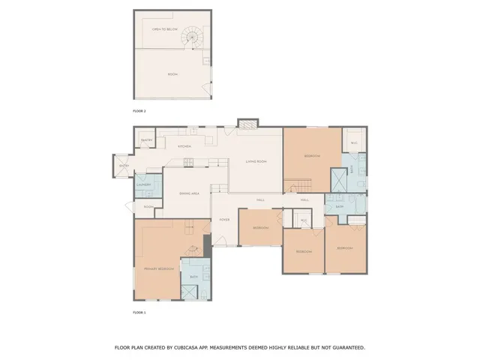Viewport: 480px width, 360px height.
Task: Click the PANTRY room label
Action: tap(146, 139)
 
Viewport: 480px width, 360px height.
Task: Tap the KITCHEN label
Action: tap(184, 146)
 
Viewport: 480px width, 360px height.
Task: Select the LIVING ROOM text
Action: tap(256, 161)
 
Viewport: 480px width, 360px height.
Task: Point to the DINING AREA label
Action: tap(188, 193)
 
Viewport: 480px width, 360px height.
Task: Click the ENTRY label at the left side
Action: tap(124, 166)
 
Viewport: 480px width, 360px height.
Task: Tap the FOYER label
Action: tap(223, 220)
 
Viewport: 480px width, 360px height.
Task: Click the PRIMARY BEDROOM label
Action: tap(159, 268)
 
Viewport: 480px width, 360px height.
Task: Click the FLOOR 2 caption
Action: tap(139, 111)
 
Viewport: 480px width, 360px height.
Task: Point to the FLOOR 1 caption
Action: tap(139, 312)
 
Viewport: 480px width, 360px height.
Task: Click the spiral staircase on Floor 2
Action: tap(195, 35)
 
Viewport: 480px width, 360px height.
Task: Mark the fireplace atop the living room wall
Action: tap(247, 122)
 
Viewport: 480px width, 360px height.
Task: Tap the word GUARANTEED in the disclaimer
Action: tap(345, 347)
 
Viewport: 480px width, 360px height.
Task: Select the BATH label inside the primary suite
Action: tap(193, 277)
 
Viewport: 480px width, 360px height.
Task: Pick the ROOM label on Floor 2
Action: tap(172, 74)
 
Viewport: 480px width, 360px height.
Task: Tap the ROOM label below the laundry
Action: tap(148, 206)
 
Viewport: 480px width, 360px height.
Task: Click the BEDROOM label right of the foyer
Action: tap(260, 227)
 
